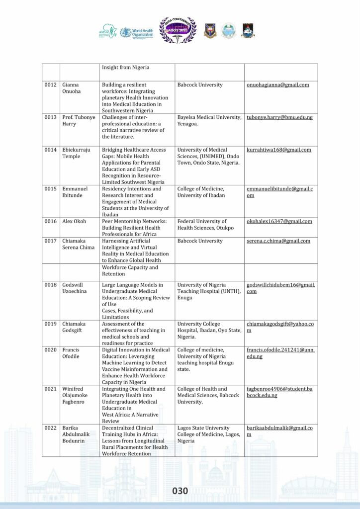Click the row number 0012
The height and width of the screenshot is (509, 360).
tap(50, 85)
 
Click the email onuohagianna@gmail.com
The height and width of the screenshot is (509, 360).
tap(278, 85)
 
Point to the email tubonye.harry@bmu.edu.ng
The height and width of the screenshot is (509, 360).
tap(279, 117)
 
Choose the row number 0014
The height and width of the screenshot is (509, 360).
tap(50, 150)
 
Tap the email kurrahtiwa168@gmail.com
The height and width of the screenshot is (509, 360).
tap(279, 150)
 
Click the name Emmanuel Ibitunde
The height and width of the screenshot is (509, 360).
tap(75, 192)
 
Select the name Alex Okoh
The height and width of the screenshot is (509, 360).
tap(74, 221)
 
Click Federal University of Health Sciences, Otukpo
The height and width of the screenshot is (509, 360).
tap(202, 224)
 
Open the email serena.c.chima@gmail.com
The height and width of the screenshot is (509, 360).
tap(278, 241)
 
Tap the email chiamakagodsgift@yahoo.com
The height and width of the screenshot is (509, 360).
tap(280, 327)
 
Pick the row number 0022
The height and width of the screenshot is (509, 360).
tap(50, 428)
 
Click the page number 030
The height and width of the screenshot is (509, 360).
tap(180, 491)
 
